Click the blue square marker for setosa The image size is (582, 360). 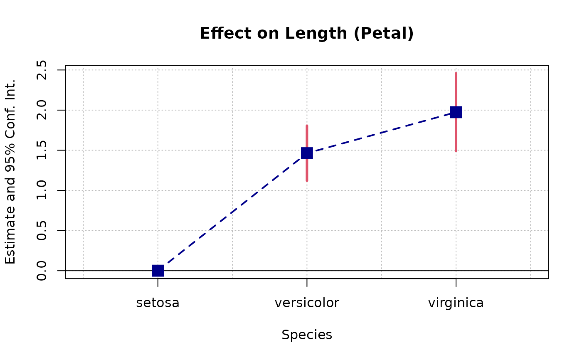158,271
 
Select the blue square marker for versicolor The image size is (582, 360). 307,153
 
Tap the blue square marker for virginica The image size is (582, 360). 456,112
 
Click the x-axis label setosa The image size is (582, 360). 158,303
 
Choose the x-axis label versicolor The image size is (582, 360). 307,303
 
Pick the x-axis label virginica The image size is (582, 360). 456,303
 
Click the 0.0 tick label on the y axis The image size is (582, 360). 42,271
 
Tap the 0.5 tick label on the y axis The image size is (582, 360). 42,230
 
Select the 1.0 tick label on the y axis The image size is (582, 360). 42,190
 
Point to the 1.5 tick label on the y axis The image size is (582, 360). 42,150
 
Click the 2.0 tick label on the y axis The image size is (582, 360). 42,110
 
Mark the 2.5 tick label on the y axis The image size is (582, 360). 42,70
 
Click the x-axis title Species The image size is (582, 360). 307,335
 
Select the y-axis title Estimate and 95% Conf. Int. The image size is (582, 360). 11,171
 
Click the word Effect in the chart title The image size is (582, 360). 222,34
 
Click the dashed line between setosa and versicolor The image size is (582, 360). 232,212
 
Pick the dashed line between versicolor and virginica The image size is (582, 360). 382,133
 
